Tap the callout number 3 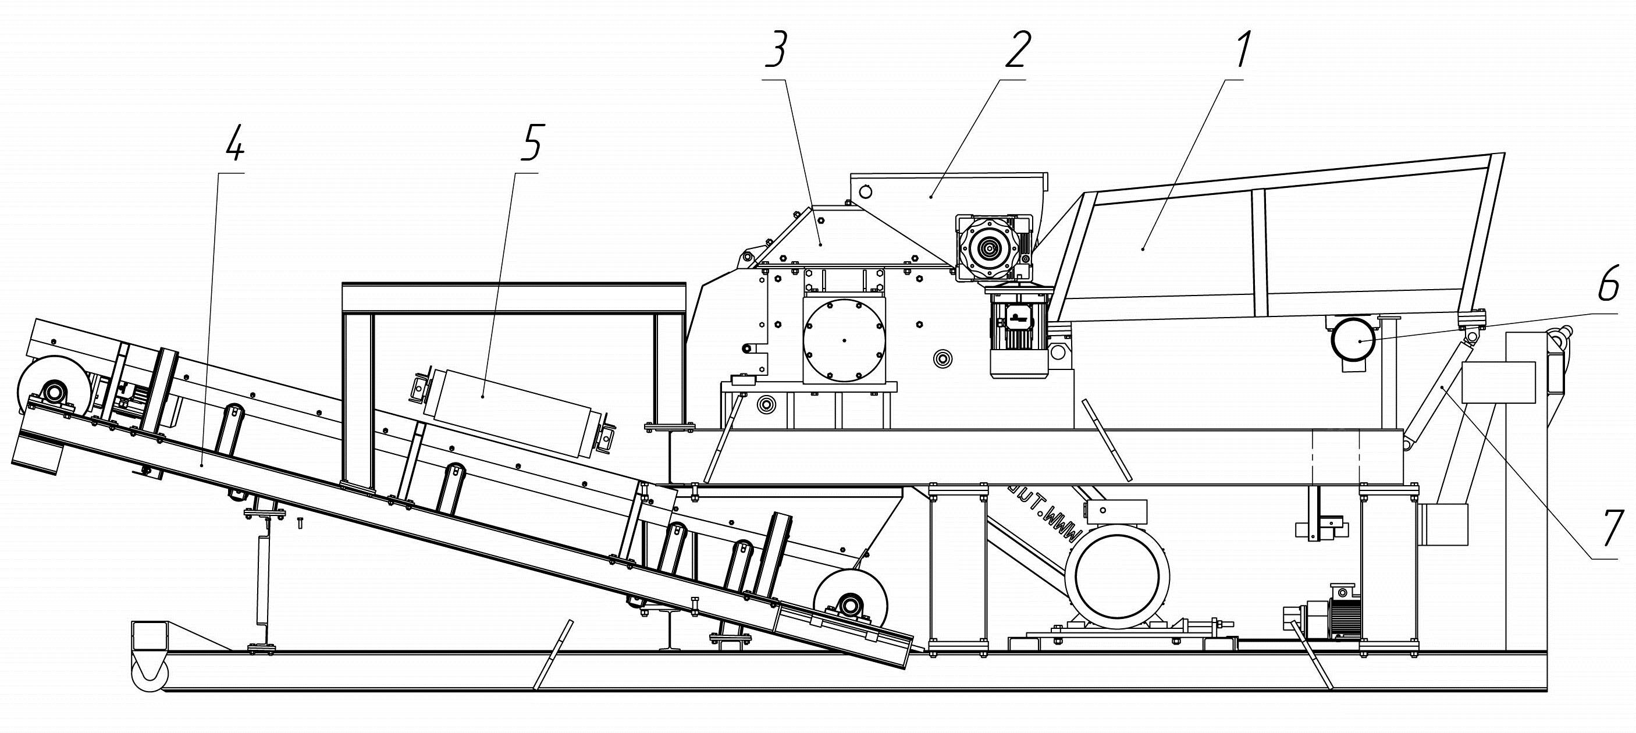point(776,49)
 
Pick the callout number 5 point(531,143)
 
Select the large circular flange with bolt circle point(844,340)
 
